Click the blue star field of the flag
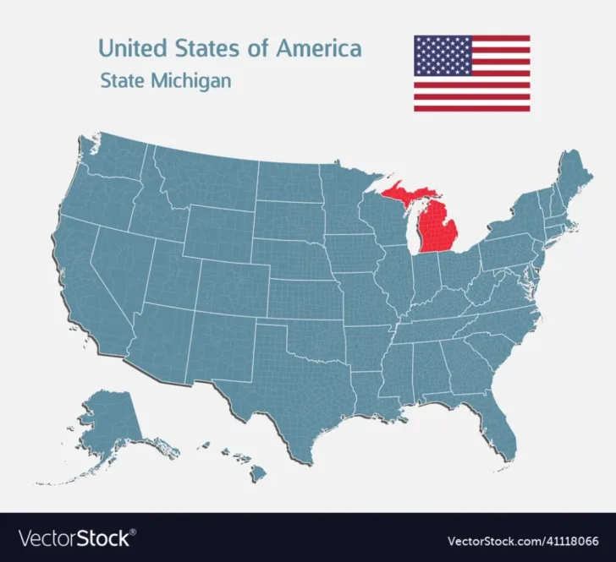(x=442, y=56)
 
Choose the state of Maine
(x=575, y=172)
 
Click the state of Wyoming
(x=217, y=229)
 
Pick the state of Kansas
(x=307, y=296)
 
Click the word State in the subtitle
(x=122, y=82)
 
